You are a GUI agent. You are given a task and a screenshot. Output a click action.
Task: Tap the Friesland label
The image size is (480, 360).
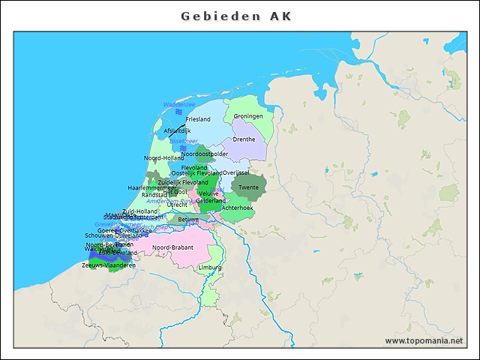(198, 119)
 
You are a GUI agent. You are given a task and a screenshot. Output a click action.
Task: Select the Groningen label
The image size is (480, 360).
(247, 116)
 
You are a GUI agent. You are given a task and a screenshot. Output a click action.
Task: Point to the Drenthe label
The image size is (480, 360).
(244, 139)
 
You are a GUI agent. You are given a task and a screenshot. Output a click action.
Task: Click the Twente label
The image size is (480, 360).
(248, 187)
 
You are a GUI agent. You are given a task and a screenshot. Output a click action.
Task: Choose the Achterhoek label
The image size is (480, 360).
(238, 207)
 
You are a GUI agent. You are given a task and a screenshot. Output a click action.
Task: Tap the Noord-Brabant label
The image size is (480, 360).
(173, 247)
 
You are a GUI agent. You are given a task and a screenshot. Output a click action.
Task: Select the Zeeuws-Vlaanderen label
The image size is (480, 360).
(109, 265)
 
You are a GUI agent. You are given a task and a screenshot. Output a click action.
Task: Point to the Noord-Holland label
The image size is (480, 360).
(163, 157)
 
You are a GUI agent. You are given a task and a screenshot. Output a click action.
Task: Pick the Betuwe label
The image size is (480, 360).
(188, 219)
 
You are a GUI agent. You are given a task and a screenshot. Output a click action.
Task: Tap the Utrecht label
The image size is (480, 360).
(178, 204)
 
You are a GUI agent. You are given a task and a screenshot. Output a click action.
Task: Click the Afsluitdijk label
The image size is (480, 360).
(177, 130)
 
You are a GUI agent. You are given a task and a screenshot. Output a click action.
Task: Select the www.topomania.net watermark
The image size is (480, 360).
(424, 340)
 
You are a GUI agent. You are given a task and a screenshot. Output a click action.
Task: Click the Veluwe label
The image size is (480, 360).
(209, 193)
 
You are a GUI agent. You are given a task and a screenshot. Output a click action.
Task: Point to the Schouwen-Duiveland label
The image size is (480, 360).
(112, 235)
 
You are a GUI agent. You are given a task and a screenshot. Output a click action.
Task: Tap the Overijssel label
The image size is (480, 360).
(235, 172)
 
